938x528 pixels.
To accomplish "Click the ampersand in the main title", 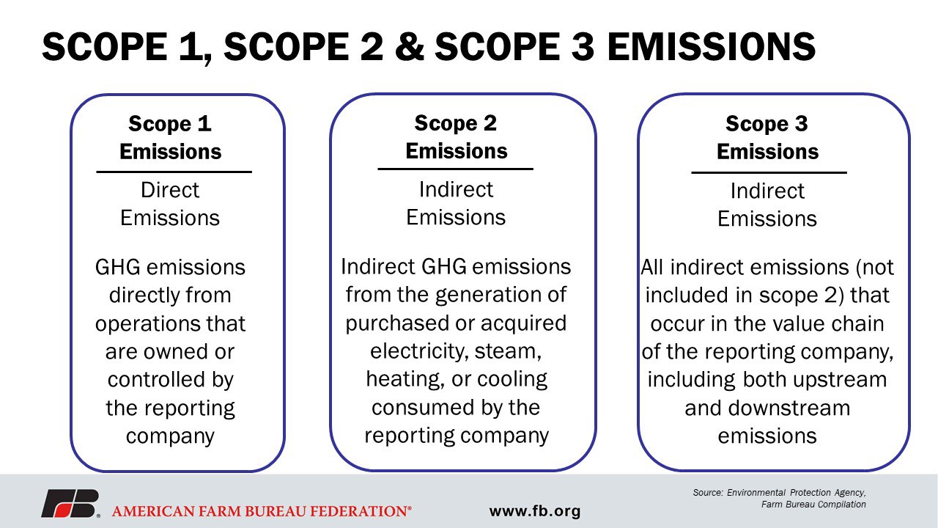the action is tap(410, 46).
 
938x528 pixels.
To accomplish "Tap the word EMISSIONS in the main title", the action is tap(711, 46).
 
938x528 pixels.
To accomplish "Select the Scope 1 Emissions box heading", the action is tap(170, 137).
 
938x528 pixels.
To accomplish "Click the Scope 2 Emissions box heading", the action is tap(456, 136).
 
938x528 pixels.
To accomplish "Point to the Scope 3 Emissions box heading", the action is tap(767, 137).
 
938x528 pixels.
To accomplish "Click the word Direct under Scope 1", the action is tap(170, 190).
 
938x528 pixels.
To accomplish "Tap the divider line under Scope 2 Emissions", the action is tap(455, 169).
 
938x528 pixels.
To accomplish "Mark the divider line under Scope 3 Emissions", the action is tap(769, 172).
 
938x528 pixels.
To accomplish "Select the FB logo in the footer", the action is tap(70, 503).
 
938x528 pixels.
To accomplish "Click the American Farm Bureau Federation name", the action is tap(262, 511).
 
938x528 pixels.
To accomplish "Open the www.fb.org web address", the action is tap(535, 511).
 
